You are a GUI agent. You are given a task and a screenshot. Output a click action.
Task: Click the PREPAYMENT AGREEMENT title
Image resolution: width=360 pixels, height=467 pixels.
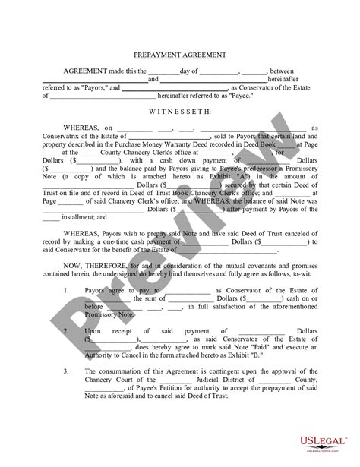coord(179,55)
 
